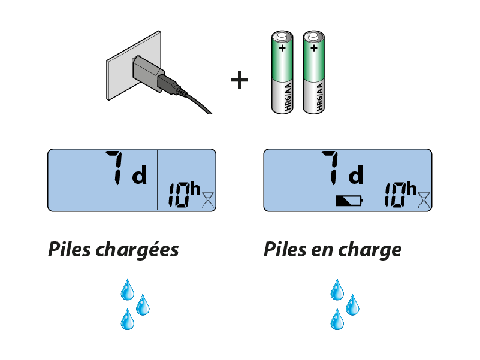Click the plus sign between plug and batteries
tap(239, 80)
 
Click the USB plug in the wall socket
tap(148, 73)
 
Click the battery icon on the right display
tap(349, 200)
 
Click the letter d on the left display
tap(139, 176)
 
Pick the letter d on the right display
tap(355, 176)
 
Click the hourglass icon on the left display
tap(207, 199)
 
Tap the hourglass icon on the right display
tap(424, 199)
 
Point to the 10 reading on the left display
tap(178, 196)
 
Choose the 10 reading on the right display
tap(394, 196)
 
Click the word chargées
tap(137, 250)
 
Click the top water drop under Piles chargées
tap(127, 289)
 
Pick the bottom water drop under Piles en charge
tap(337, 319)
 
